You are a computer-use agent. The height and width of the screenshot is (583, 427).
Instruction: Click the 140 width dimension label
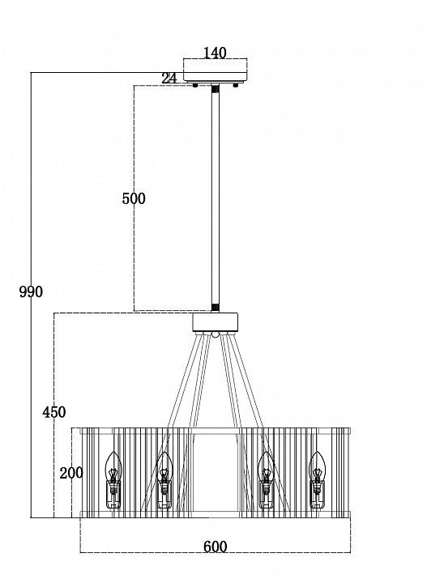[215, 53]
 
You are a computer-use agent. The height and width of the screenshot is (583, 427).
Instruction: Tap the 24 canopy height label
[169, 79]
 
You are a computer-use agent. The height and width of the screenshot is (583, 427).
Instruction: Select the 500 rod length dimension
[134, 198]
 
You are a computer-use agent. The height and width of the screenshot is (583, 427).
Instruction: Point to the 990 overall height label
[31, 291]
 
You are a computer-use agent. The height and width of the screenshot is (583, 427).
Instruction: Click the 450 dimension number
[54, 412]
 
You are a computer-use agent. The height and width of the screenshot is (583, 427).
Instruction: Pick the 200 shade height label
[71, 473]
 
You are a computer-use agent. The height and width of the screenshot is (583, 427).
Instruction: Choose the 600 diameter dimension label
[215, 547]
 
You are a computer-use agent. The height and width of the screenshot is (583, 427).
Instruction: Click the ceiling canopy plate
[216, 77]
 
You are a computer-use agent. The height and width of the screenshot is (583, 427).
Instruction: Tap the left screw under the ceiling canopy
[195, 85]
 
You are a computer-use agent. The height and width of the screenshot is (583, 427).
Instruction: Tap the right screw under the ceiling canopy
[236, 85]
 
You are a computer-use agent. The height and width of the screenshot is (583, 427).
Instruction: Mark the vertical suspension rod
[216, 198]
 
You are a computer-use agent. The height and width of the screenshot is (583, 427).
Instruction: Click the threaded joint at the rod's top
[216, 89]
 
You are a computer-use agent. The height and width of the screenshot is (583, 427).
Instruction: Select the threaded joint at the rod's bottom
[216, 308]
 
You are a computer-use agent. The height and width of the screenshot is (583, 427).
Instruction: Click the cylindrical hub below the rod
[216, 322]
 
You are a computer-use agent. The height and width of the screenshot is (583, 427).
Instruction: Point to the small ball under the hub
[216, 334]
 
